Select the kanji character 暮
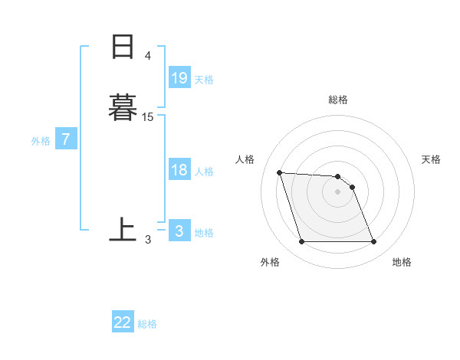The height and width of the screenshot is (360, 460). [x=123, y=107]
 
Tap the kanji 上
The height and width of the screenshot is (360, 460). [x=123, y=230]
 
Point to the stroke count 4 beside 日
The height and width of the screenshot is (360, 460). [x=148, y=56]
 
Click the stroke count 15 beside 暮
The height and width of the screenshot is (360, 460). [x=148, y=116]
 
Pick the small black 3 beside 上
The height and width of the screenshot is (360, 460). [x=148, y=239]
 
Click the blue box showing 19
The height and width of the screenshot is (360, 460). [x=179, y=77]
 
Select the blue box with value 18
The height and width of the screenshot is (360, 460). [x=179, y=170]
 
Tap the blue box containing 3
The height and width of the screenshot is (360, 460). [x=179, y=231]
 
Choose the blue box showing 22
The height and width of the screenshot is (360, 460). [x=123, y=322]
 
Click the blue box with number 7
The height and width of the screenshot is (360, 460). [x=66, y=139]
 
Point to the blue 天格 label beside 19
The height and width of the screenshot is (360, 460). [x=204, y=79]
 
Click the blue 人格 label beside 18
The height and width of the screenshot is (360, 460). [x=204, y=172]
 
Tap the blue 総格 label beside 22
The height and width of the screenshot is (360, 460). [x=147, y=324]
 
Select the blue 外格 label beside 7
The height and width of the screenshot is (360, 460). [x=41, y=141]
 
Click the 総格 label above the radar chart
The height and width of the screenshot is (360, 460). [x=338, y=100]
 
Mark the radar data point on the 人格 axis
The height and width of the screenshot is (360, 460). [x=280, y=172]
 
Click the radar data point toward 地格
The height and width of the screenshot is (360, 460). [x=373, y=242]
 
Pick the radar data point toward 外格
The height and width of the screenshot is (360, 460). [x=301, y=242]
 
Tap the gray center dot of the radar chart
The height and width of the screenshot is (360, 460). [x=337, y=191]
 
